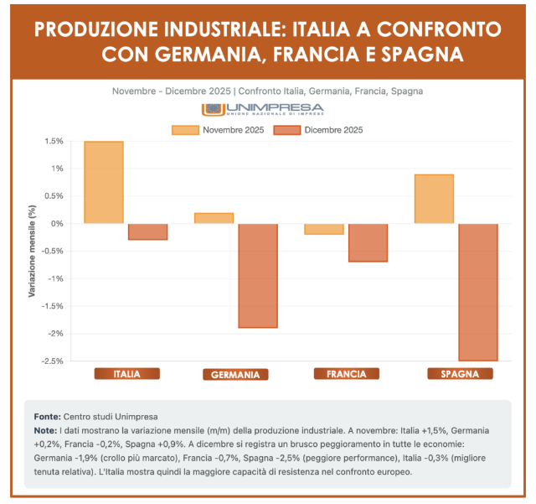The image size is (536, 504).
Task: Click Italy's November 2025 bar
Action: point(104,183)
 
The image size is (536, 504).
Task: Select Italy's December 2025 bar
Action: point(147,231)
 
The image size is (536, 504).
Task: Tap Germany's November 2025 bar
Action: point(214,218)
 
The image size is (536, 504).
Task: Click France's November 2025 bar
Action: point(323,229)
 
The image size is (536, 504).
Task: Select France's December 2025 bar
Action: point(368,242)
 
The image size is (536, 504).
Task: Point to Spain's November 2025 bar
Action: point(434,199)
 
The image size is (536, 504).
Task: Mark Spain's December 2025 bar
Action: point(478,292)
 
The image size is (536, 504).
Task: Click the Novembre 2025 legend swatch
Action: point(185,130)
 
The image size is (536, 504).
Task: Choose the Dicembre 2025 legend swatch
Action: point(287,130)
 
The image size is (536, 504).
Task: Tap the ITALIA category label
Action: point(126,374)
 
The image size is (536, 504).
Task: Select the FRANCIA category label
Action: point(346,374)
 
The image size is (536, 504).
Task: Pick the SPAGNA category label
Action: point(459,374)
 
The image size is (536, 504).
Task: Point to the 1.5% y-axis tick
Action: point(54,141)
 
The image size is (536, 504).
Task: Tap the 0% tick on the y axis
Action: point(57,224)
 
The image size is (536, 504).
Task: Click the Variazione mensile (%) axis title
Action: point(33,252)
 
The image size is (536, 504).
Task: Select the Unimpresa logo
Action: point(262,110)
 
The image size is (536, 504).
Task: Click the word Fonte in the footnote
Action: point(47,416)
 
